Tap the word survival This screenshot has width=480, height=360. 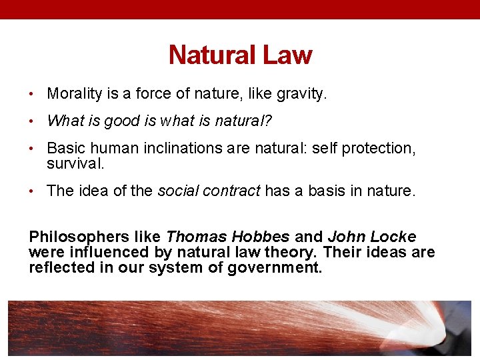tap(75, 163)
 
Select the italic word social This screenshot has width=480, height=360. tap(175, 191)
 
